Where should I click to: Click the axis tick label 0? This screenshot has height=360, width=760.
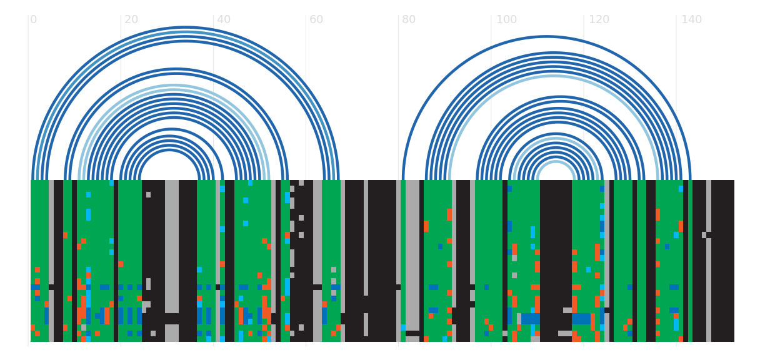33,19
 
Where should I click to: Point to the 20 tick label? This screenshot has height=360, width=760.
131,19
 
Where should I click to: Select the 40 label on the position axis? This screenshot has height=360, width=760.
224,19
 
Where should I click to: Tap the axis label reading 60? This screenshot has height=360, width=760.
316,19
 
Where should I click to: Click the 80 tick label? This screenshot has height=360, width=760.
409,19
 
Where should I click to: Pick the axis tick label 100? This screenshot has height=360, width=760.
506,19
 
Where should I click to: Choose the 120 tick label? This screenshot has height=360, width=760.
599,19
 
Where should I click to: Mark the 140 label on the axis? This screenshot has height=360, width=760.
692,19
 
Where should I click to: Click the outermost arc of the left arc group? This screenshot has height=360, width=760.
185,27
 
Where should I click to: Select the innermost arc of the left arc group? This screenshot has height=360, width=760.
169,150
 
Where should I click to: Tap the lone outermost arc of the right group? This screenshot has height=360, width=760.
546,37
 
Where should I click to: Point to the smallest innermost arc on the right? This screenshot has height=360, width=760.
556,162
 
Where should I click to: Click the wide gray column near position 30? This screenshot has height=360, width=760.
172,247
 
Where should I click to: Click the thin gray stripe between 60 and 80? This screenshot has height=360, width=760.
366,237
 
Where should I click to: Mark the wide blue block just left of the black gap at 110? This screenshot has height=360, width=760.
530,319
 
